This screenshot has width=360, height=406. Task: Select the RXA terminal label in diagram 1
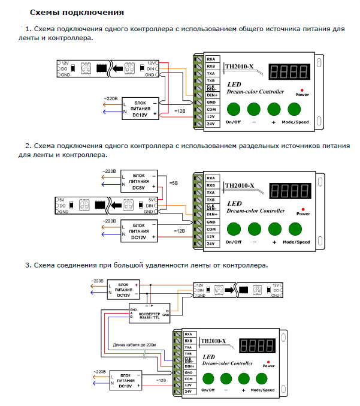211,59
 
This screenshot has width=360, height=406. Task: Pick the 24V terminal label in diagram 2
211,244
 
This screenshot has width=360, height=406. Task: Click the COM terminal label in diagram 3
188,378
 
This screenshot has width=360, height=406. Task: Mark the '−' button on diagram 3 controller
225,378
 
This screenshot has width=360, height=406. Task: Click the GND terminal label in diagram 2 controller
211,222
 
